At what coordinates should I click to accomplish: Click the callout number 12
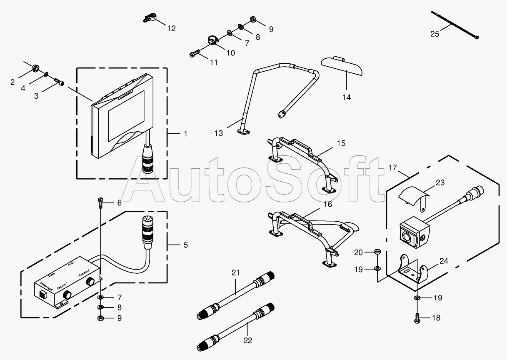(171, 29)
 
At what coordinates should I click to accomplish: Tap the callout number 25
(435, 34)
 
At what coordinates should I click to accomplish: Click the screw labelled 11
(195, 53)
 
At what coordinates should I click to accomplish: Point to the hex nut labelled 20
(377, 251)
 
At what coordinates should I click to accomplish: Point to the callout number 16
(328, 204)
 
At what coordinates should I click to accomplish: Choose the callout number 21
(236, 273)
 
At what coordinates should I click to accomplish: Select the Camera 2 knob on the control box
(90, 282)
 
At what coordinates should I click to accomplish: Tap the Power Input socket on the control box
(42, 294)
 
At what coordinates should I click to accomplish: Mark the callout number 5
(185, 245)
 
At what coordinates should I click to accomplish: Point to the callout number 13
(219, 133)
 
